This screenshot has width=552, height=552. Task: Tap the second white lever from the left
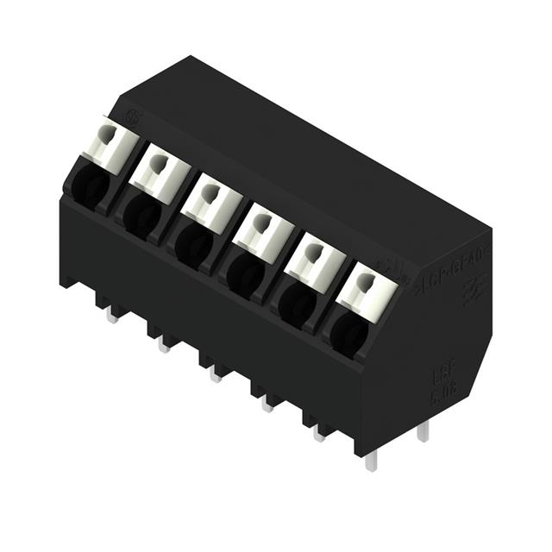tap(161, 172)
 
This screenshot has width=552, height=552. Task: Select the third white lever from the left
tap(211, 201)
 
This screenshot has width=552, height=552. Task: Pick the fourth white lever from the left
tap(263, 232)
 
